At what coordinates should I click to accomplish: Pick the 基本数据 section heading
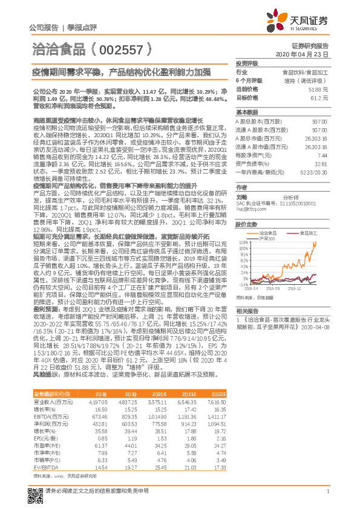[247, 112]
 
